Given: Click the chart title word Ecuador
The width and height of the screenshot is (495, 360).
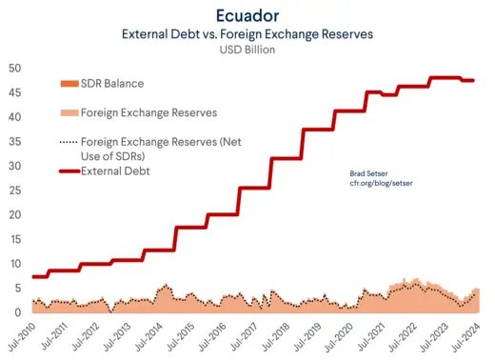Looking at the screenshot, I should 247,15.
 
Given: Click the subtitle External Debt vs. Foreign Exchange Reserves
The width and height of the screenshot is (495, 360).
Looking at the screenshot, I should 247,33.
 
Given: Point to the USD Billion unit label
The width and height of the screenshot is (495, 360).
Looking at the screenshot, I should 247,50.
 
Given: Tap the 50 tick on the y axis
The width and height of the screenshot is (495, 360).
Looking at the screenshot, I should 16,69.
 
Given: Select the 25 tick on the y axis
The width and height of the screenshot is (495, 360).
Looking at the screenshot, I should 16,190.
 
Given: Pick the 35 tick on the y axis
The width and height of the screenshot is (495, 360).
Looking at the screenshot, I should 16,142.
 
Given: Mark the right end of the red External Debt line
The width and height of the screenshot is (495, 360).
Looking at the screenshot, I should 473,81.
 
